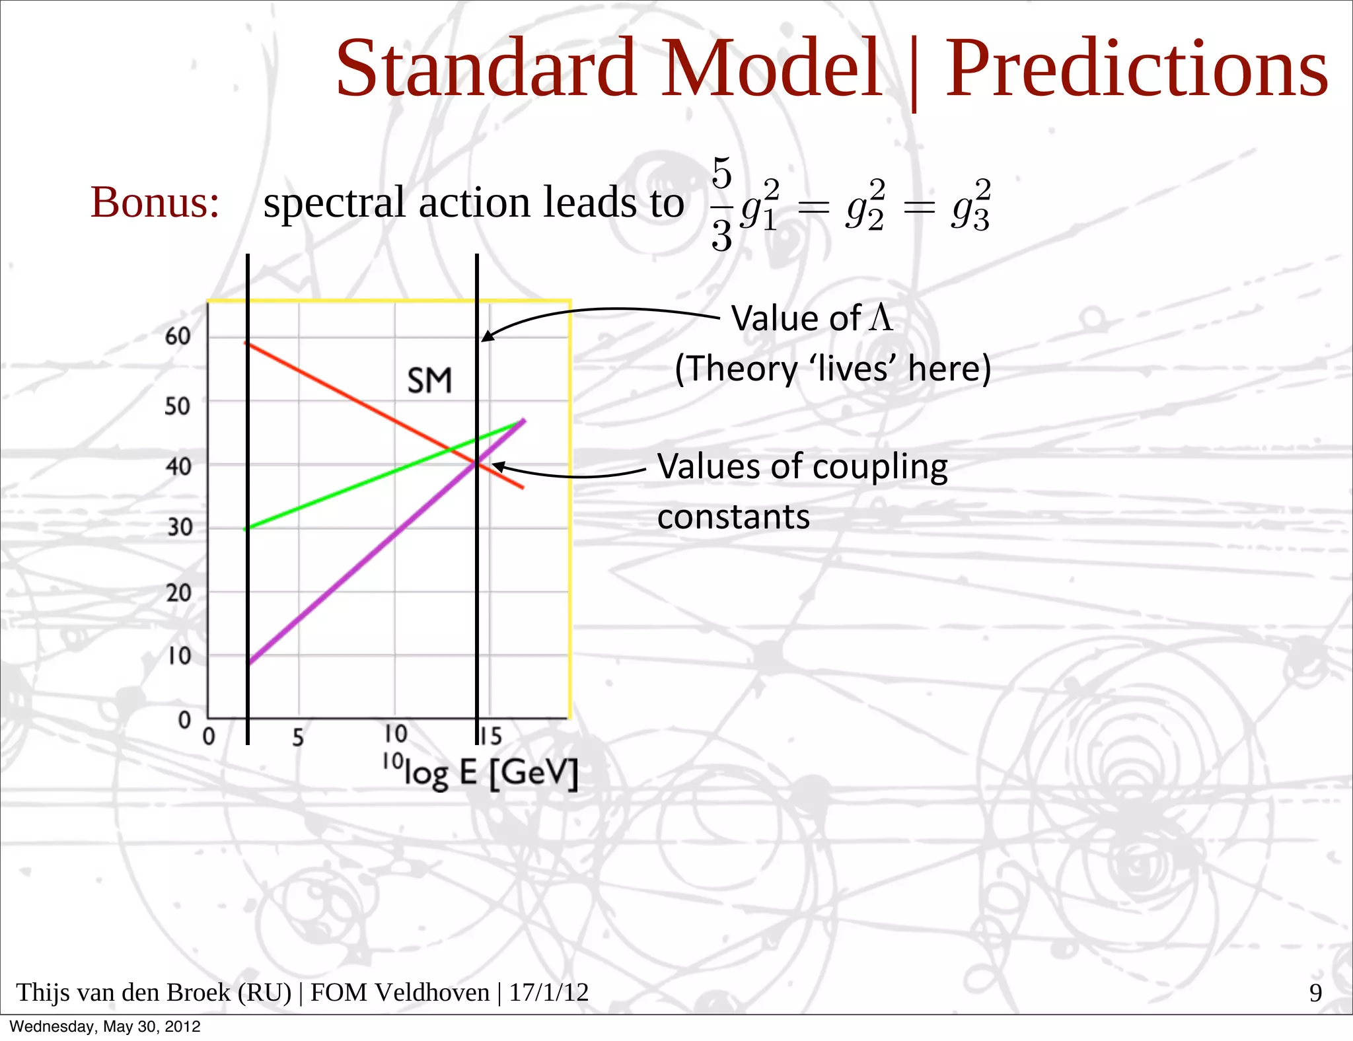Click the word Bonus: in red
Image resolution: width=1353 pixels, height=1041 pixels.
[155, 202]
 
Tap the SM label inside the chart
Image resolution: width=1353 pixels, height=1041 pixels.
[429, 381]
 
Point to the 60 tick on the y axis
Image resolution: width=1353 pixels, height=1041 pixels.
[178, 336]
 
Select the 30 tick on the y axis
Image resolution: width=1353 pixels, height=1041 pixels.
[179, 527]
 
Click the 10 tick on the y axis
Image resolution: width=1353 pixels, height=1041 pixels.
[178, 656]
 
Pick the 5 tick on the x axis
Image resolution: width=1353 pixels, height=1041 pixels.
[298, 737]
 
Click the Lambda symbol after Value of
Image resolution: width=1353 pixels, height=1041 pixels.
[881, 318]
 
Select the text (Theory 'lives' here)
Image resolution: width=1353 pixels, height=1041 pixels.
[832, 369]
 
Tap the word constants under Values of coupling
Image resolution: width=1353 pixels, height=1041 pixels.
[733, 517]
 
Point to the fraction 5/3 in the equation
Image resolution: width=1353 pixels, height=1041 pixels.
[721, 203]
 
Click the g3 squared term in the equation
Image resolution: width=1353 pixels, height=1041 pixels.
[971, 205]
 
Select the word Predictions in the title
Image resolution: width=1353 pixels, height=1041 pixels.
[1136, 68]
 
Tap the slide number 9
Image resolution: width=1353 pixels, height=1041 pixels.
[1315, 993]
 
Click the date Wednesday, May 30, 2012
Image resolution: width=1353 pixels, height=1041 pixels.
[104, 1026]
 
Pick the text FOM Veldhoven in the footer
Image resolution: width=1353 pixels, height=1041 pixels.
[400, 993]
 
